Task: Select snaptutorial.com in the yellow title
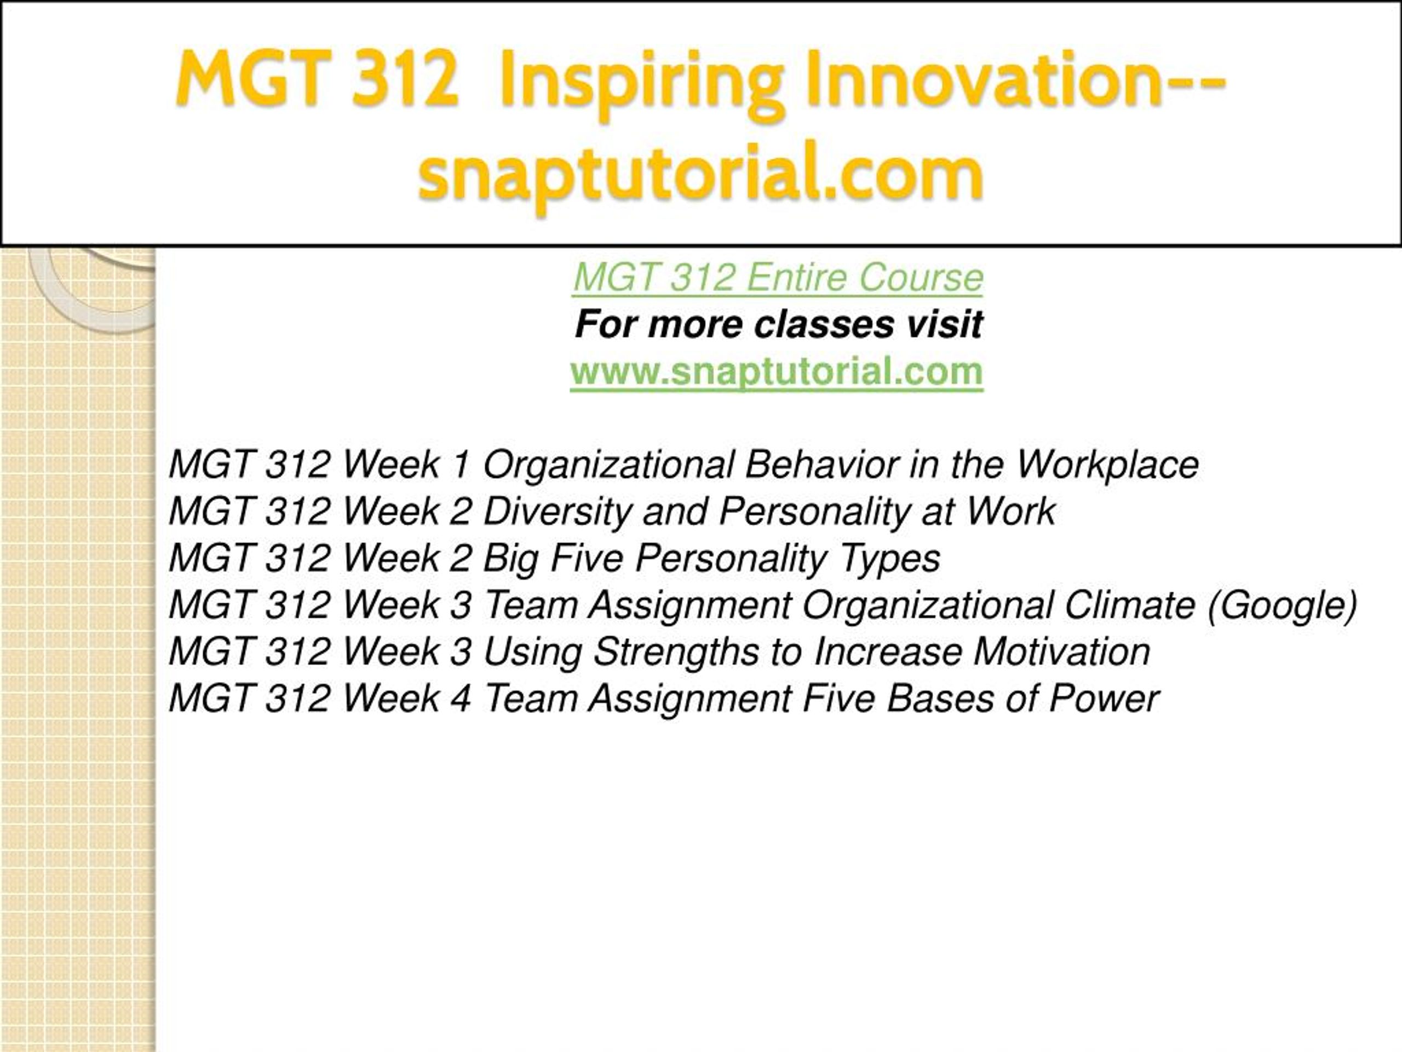700,174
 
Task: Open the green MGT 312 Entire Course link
778,278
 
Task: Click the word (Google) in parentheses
1283,605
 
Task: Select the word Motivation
1062,652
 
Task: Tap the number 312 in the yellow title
406,79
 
